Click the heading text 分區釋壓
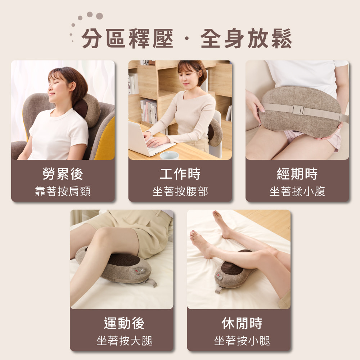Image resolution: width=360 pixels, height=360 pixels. (x=127, y=39)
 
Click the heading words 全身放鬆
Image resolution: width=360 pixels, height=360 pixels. (x=246, y=39)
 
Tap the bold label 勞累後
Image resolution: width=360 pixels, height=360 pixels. (x=63, y=174)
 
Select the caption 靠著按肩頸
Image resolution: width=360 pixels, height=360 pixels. (x=63, y=191)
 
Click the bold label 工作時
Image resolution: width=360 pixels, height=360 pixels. (x=180, y=174)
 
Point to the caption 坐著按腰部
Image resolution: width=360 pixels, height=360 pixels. (x=180, y=191)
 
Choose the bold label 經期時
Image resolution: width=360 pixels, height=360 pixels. (x=297, y=174)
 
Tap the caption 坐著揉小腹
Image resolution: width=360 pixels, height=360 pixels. (x=297, y=191)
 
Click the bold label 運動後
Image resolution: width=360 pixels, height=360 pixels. (x=124, y=323)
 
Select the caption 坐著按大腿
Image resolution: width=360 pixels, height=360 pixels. (x=124, y=341)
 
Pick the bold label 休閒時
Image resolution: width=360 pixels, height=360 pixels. (x=242, y=323)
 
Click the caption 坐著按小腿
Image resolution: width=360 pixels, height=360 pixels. (x=242, y=341)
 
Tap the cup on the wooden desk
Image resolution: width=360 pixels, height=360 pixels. (x=169, y=156)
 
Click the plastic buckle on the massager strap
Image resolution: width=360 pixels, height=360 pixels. (x=298, y=110)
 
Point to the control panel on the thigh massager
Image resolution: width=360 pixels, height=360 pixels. (x=139, y=271)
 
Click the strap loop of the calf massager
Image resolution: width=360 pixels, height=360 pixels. (x=219, y=290)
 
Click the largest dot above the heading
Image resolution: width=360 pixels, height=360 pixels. (x=99, y=16)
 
